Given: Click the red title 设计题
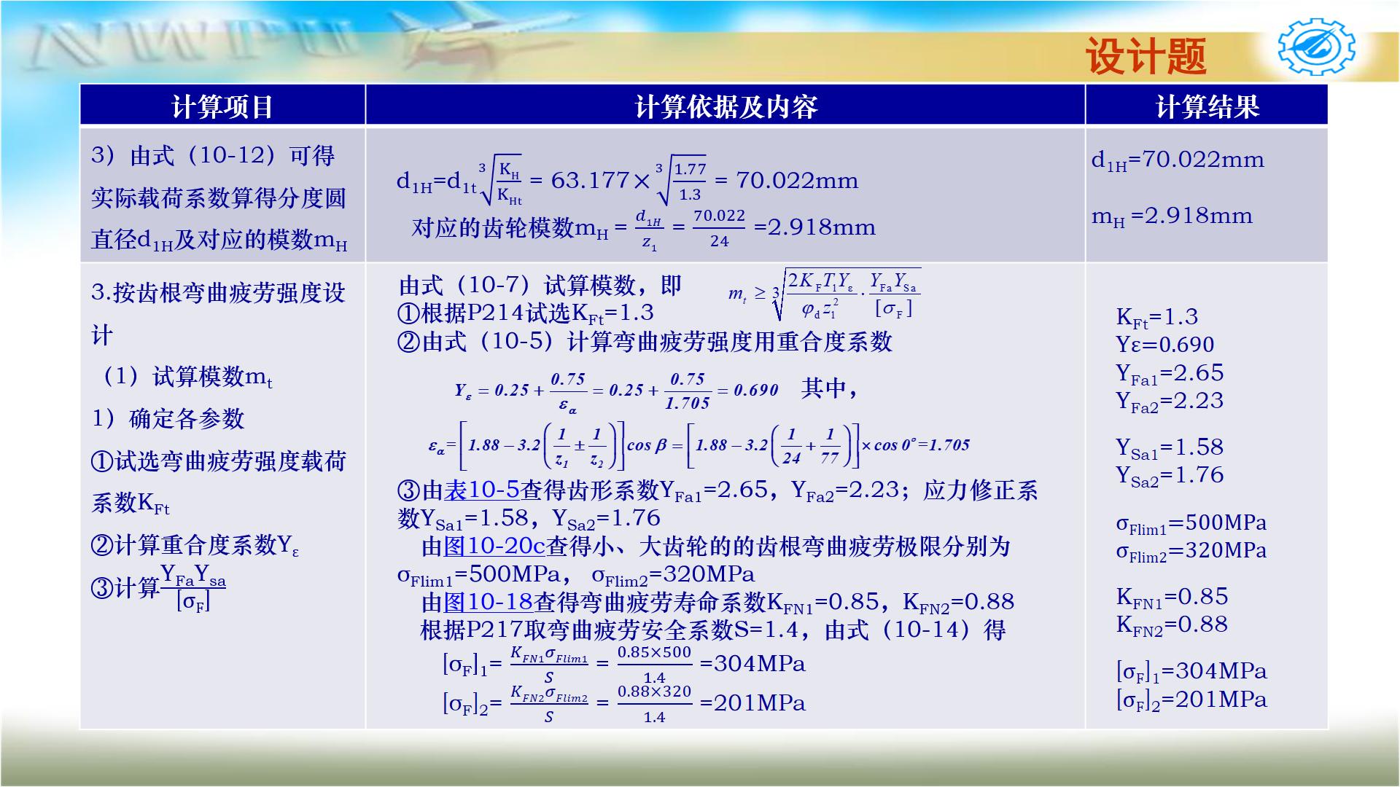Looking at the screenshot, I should [x=1146, y=56].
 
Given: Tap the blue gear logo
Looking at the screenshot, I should [x=1316, y=48].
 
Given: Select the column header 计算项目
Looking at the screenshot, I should [x=222, y=106].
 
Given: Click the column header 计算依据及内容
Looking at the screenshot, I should [x=726, y=106].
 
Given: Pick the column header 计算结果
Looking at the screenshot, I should [x=1207, y=106].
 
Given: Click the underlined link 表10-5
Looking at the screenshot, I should [x=482, y=490].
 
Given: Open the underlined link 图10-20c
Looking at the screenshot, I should [x=494, y=547].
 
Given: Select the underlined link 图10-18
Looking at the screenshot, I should [x=488, y=602].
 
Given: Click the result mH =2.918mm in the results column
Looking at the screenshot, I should [x=1172, y=216].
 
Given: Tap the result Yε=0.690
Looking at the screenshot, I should [x=1165, y=345].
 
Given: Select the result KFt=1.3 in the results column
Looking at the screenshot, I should [x=1157, y=317].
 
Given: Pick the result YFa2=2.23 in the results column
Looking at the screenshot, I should [x=1170, y=402].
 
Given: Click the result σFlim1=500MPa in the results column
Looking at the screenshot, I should [x=1191, y=524].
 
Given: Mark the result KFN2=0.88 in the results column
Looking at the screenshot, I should [x=1172, y=625].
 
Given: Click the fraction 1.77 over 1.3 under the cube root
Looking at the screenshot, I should [x=689, y=181].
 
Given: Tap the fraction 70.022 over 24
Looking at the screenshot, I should [x=719, y=228].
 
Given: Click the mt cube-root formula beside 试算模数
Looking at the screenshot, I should [x=824, y=294].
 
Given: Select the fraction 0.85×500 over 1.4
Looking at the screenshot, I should [x=654, y=664].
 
